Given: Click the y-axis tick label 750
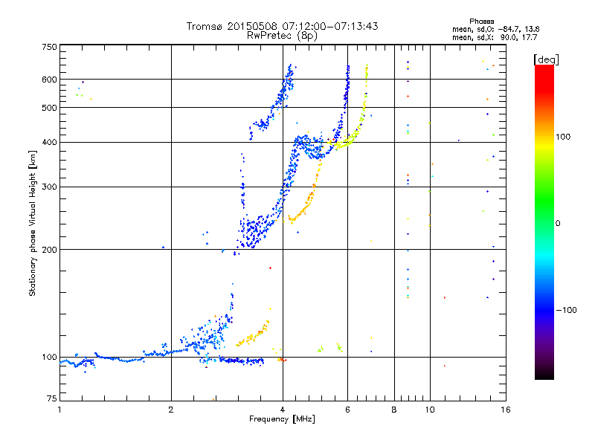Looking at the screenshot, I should coord(50,48).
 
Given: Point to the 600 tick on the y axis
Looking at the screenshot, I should coord(50,80).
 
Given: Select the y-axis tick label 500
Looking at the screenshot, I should coord(50,108).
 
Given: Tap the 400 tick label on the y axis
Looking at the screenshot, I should coord(50,142).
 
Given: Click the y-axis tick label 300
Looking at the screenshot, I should coord(50,187).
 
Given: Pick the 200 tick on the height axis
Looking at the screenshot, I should coord(50,250).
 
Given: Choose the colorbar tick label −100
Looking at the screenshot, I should coord(569,310).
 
